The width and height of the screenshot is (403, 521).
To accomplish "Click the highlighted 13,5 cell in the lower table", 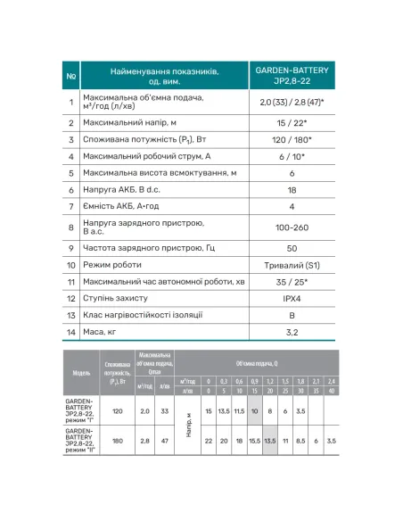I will point(270,441).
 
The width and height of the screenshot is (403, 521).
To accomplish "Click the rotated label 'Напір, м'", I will point(188,426).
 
